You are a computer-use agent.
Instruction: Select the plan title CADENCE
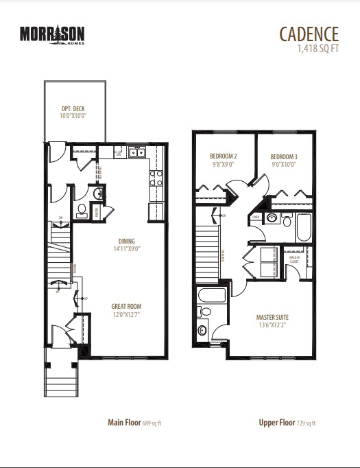coord(309,33)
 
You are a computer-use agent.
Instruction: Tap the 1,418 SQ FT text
coord(318,49)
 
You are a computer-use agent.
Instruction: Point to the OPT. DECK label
coord(73,110)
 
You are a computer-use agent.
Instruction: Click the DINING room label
coord(125,241)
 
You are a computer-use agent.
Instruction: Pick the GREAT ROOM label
coord(127,307)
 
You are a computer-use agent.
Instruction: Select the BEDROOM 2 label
coord(222,156)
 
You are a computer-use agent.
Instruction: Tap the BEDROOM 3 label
coord(283,156)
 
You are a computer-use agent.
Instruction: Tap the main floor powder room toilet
coord(81,209)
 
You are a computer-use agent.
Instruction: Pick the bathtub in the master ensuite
coord(209,296)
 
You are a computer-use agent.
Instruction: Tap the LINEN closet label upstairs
coord(255,217)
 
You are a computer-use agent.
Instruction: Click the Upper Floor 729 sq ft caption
coord(287,423)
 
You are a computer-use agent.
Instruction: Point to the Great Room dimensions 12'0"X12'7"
coord(127,315)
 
